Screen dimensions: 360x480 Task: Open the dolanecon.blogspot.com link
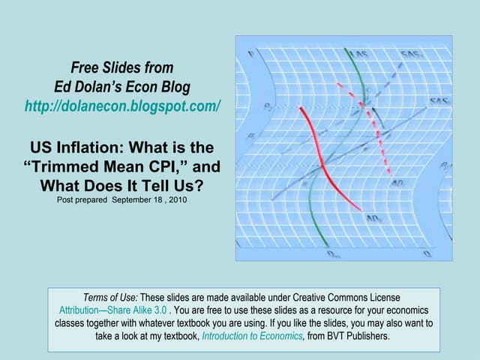pyautogui.click(x=123, y=106)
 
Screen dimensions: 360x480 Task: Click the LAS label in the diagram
pyautogui.click(x=361, y=55)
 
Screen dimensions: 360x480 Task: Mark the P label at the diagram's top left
pyautogui.click(x=251, y=55)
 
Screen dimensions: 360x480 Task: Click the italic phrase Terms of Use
pyautogui.click(x=112, y=298)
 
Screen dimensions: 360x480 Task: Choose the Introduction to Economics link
pyautogui.click(x=252, y=336)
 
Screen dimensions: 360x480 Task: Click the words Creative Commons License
pyautogui.click(x=353, y=298)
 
